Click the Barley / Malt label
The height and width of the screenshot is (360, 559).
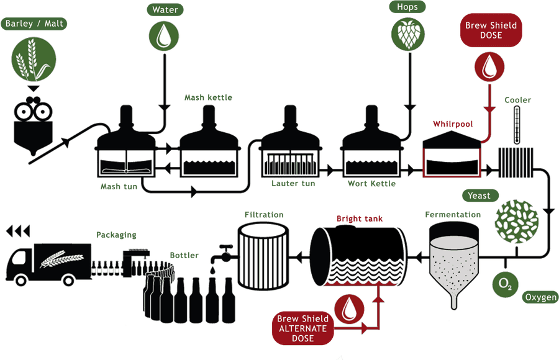(x=34, y=24)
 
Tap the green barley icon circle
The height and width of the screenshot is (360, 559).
(x=34, y=60)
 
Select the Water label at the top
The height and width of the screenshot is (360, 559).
(x=163, y=9)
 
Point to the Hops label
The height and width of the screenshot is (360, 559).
(x=407, y=7)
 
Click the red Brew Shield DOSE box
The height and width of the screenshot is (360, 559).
(x=491, y=30)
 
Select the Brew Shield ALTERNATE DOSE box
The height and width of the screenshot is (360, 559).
(x=302, y=328)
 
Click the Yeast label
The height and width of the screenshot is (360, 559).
(x=479, y=196)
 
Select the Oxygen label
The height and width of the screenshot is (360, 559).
(x=540, y=297)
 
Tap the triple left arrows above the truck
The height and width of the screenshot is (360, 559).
(x=19, y=232)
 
